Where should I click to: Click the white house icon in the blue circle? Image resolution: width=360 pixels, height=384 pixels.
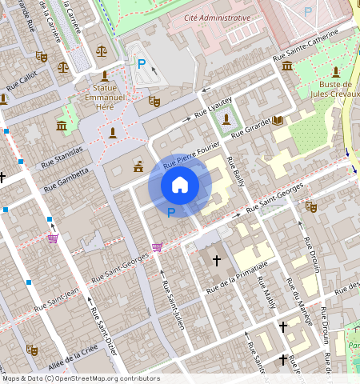[180, 185]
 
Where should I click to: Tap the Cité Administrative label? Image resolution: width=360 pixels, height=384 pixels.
[218, 17]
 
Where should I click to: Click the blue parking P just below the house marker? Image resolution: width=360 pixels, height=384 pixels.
[170, 212]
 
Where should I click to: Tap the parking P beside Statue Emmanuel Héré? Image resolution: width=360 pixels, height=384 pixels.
[142, 63]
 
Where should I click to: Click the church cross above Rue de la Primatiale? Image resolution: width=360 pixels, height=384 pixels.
[216, 261]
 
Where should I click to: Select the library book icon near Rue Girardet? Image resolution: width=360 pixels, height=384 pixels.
[278, 120]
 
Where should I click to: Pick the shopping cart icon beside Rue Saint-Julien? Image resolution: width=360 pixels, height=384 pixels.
[157, 247]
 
